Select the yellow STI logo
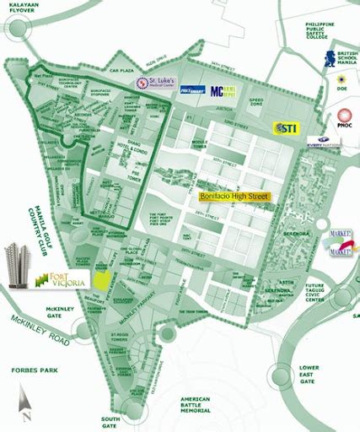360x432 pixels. pyautogui.click(x=284, y=127)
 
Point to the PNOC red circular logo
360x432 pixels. pyautogui.click(x=345, y=119)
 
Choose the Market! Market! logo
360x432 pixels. pyautogui.click(x=341, y=242)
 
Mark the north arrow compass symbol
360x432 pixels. pyautogui.click(x=26, y=403)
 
